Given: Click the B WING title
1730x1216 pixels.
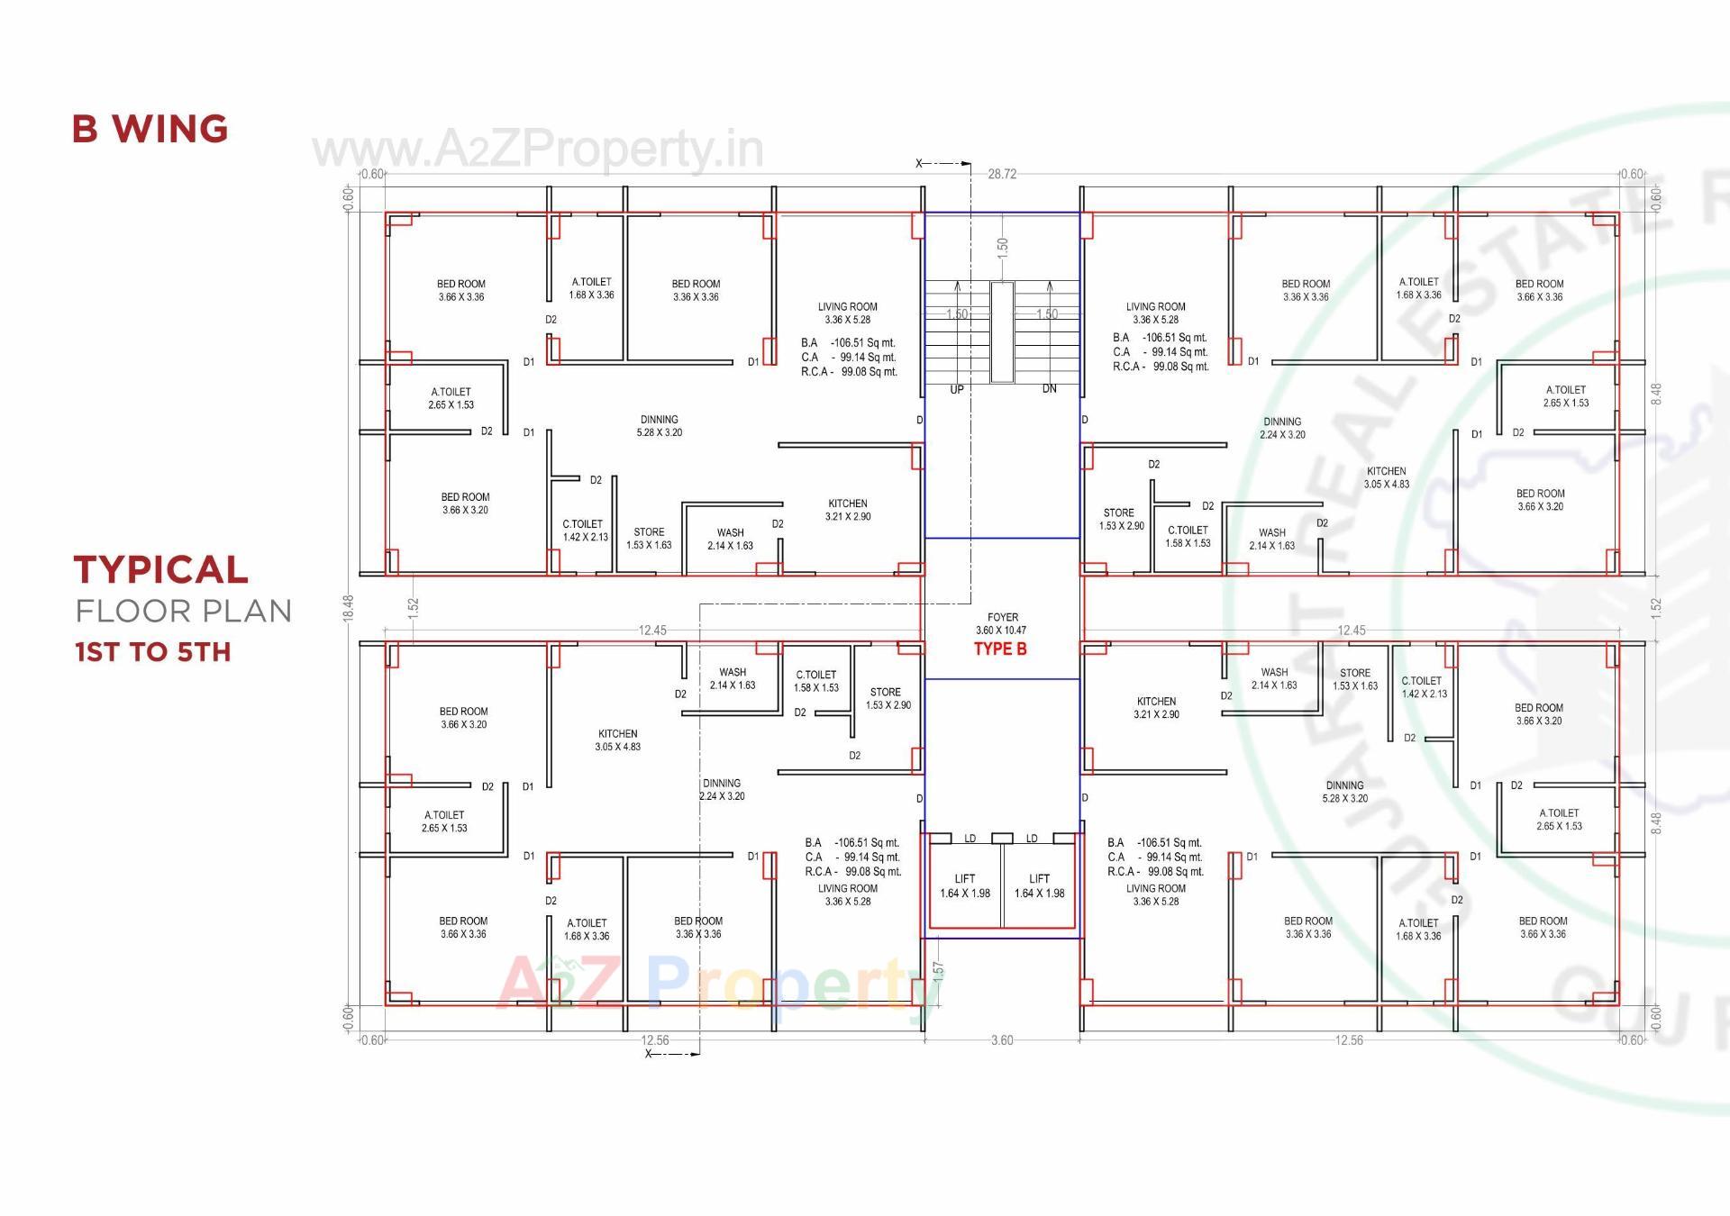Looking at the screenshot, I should pyautogui.click(x=150, y=129).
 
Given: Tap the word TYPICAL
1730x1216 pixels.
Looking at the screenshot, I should pyautogui.click(x=160, y=569).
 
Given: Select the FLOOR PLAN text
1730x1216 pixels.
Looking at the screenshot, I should pyautogui.click(x=183, y=612).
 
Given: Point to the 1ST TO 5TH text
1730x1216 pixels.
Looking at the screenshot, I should pyautogui.click(x=152, y=652).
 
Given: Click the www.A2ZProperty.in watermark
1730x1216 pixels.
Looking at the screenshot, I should pyautogui.click(x=537, y=150).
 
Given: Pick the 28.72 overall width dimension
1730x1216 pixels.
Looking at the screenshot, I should pyautogui.click(x=1002, y=174).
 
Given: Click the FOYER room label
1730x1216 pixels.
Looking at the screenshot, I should pyautogui.click(x=1002, y=618).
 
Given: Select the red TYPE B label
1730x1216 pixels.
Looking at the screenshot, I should pyautogui.click(x=1000, y=649).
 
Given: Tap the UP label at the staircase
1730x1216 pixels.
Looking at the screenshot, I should pyautogui.click(x=957, y=389).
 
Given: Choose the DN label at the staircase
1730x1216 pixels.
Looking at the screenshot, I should pyautogui.click(x=1049, y=389).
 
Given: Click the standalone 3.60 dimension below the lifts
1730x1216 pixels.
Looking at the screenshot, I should pyautogui.click(x=1002, y=1040).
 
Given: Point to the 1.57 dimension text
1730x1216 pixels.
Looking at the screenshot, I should pyautogui.click(x=938, y=971).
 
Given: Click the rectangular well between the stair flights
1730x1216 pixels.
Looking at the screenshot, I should pyautogui.click(x=1002, y=332).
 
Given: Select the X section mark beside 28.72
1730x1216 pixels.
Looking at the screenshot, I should pyautogui.click(x=920, y=164).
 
